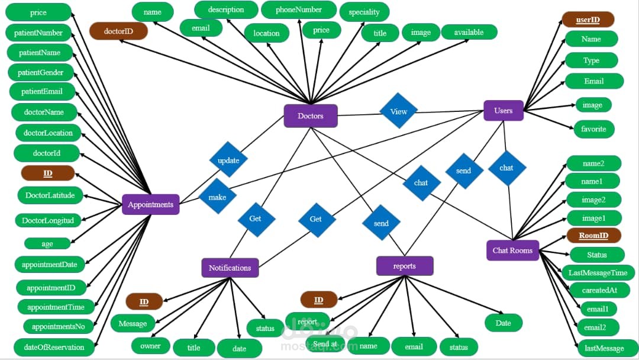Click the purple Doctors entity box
(x=311, y=116)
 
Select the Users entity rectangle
(x=504, y=111)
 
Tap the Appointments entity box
(x=151, y=204)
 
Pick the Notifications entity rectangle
(x=230, y=268)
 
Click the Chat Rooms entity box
(x=512, y=250)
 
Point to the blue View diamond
(x=399, y=111)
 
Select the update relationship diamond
(x=228, y=160)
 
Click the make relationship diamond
(x=217, y=197)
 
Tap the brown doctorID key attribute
(x=118, y=31)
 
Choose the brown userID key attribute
(x=588, y=20)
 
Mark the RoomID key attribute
(x=594, y=236)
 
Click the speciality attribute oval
(x=364, y=12)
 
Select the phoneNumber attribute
(x=299, y=9)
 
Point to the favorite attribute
(x=594, y=129)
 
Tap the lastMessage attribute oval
(x=604, y=348)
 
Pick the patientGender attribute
(x=41, y=72)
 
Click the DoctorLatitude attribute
(x=50, y=195)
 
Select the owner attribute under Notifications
(x=150, y=346)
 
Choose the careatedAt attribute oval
(x=599, y=290)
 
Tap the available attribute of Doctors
(x=469, y=32)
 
